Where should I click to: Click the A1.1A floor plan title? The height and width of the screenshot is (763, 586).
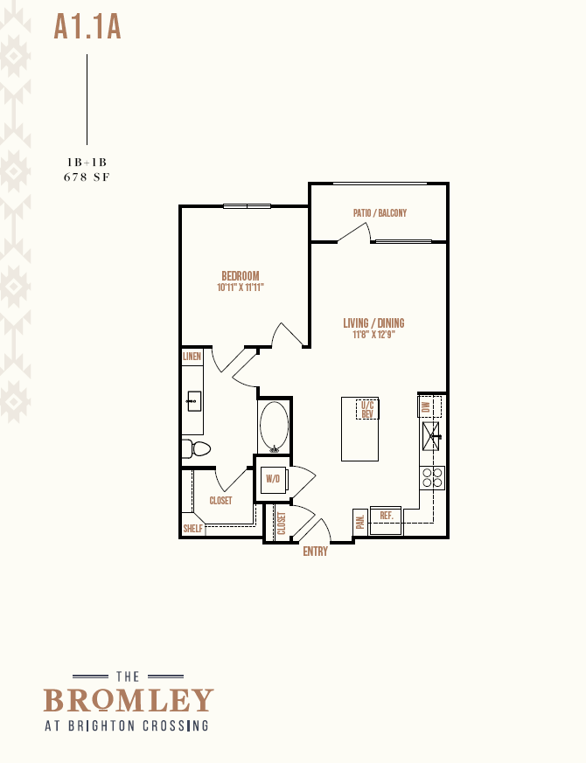pos(87,27)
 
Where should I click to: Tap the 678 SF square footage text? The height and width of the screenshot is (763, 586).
pos(87,177)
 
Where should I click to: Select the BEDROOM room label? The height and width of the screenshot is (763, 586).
pos(241,276)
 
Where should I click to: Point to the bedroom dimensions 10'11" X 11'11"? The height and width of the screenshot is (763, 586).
pos(241,287)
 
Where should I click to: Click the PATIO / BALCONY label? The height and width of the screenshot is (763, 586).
pos(380,212)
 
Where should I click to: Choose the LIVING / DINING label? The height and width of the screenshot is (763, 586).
pos(373,323)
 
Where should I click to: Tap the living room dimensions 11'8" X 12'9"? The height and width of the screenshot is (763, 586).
pos(373,335)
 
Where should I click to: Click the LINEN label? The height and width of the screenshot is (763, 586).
pos(192,357)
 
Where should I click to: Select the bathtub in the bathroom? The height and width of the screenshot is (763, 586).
pos(275,427)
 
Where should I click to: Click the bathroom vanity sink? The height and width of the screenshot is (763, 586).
pos(194,401)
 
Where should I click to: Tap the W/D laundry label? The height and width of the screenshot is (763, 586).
pos(273,479)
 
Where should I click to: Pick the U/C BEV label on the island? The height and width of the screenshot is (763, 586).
pos(367,409)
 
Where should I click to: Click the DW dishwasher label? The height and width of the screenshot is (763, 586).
pos(426,406)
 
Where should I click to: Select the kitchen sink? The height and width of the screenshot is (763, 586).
pos(431,436)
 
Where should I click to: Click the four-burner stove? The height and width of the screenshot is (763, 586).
pos(432,478)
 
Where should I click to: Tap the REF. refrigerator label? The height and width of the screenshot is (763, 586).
pos(387,516)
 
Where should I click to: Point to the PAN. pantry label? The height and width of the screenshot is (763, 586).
pos(360,522)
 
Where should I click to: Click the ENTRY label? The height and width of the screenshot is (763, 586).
pos(315,551)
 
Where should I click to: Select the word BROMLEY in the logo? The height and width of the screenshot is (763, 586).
pos(129,700)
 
